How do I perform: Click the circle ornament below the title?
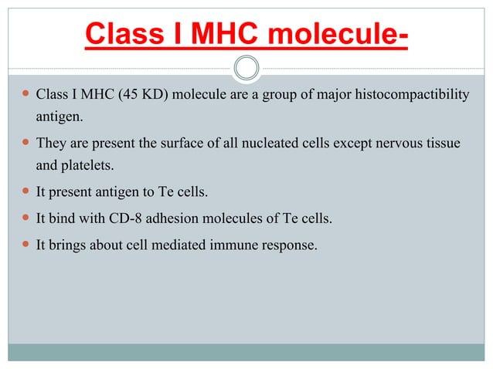tap(246, 68)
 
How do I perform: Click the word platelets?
tap(86, 167)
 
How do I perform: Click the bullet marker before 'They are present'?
tap(25, 144)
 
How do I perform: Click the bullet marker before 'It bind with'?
tap(25, 219)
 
